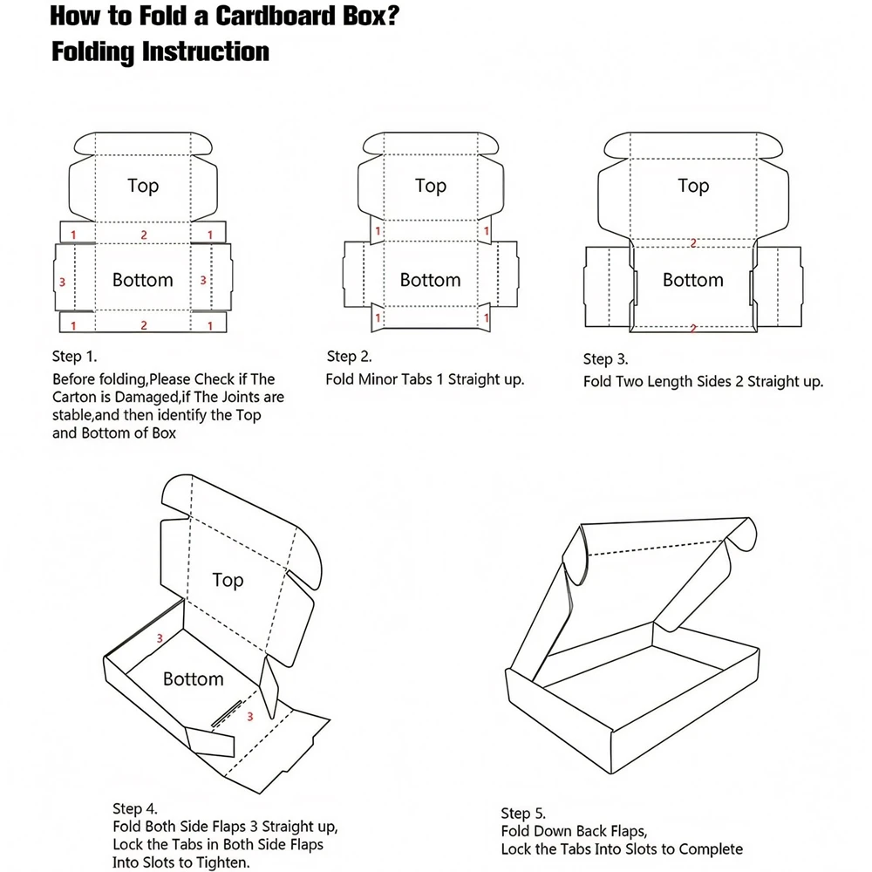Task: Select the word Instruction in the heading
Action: tap(205, 51)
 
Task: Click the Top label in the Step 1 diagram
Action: tap(143, 186)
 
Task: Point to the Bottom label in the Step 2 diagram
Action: tap(430, 280)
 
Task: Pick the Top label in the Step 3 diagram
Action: tap(693, 186)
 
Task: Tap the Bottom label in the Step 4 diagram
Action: tap(193, 678)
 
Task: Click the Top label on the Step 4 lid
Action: tap(228, 580)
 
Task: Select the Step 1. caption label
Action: tap(75, 357)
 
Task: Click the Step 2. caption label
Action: tap(350, 356)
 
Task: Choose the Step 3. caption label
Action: tap(606, 358)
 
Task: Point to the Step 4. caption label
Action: tap(135, 809)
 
